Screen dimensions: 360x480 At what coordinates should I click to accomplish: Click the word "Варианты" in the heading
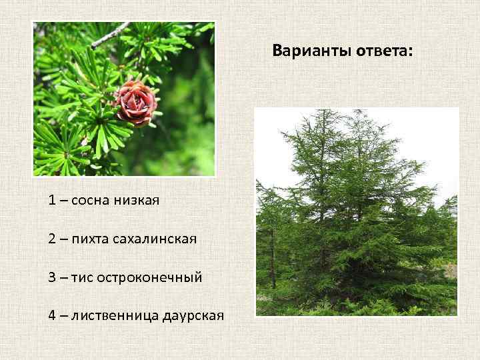point(304,51)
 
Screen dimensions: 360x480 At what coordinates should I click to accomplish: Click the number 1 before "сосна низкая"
point(52,199)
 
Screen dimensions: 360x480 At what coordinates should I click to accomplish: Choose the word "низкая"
point(137,199)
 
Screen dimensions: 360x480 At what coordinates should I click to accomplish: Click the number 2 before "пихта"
point(52,238)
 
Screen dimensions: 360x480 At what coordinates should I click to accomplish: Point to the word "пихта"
point(93,238)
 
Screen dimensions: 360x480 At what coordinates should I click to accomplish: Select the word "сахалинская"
point(157,238)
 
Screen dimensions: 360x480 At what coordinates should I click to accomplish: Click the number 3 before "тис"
point(52,276)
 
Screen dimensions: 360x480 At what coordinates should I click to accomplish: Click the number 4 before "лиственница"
point(52,315)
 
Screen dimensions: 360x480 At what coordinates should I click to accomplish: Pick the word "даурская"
point(193,315)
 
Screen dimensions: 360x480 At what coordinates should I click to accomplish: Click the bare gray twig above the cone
point(110,35)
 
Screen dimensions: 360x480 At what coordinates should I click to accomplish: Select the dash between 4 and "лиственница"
point(63,315)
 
